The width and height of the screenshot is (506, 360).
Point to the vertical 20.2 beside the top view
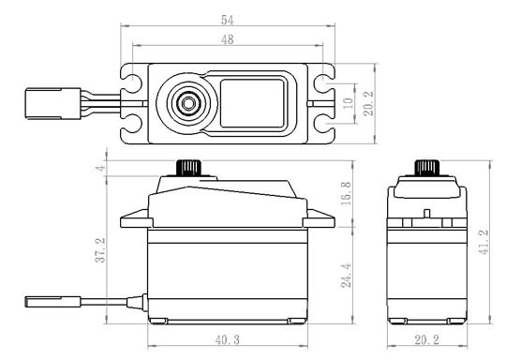[369, 101]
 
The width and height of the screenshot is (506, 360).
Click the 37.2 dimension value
[101, 251]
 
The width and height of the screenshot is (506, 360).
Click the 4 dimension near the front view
[101, 169]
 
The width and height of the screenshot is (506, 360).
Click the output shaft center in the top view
[187, 100]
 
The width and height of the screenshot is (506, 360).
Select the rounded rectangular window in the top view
[252, 101]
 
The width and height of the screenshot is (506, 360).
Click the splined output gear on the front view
[187, 169]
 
